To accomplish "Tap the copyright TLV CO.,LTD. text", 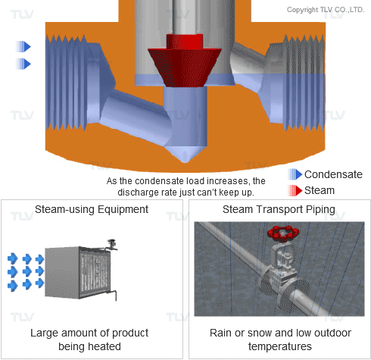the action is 326,10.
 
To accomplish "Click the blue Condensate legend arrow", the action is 295,174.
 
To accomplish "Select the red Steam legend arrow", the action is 295,190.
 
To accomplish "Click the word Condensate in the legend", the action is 333,174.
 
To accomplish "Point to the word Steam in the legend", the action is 320,190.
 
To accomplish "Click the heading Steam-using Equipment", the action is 92,209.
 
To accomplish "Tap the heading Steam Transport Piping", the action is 279,209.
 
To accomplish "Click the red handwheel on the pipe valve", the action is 283,233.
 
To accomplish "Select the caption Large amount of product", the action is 89,333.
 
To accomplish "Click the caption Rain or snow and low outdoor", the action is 280,333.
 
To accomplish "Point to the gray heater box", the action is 78,272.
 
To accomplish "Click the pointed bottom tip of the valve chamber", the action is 185,161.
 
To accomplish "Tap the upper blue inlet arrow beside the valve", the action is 23,46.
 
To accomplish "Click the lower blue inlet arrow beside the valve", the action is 23,64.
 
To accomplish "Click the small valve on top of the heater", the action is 111,245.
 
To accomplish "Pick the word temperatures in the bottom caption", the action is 280,346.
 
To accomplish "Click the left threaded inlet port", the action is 66,83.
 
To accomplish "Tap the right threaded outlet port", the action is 304,83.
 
